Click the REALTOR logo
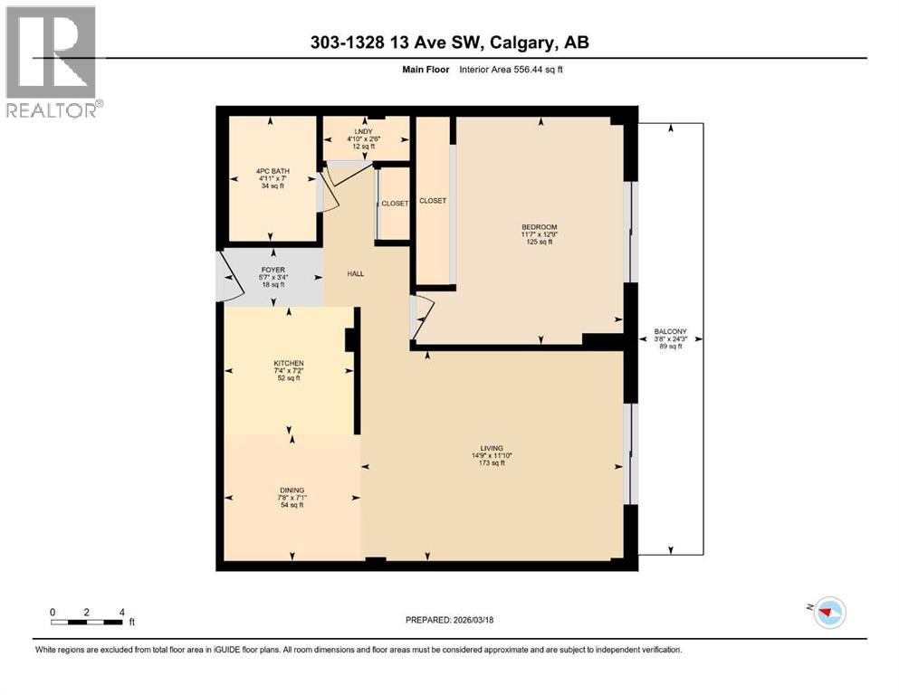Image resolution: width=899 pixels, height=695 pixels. [x=53, y=62]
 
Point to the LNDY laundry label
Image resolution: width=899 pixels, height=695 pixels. [x=365, y=138]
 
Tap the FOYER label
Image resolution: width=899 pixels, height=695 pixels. [x=273, y=276]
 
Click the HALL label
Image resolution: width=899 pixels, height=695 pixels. [x=356, y=273]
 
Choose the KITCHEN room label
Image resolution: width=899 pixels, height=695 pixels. [x=289, y=370]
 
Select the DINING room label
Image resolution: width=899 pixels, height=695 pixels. [x=292, y=497]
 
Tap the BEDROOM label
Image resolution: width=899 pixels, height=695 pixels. [x=540, y=234]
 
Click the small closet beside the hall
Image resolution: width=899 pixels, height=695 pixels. [x=394, y=204]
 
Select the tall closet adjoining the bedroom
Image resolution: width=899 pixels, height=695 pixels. [x=434, y=200]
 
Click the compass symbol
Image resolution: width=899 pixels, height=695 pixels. [x=828, y=613]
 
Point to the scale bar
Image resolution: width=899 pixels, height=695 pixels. [x=87, y=620]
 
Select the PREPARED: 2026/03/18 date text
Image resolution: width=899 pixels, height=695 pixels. [x=450, y=620]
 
